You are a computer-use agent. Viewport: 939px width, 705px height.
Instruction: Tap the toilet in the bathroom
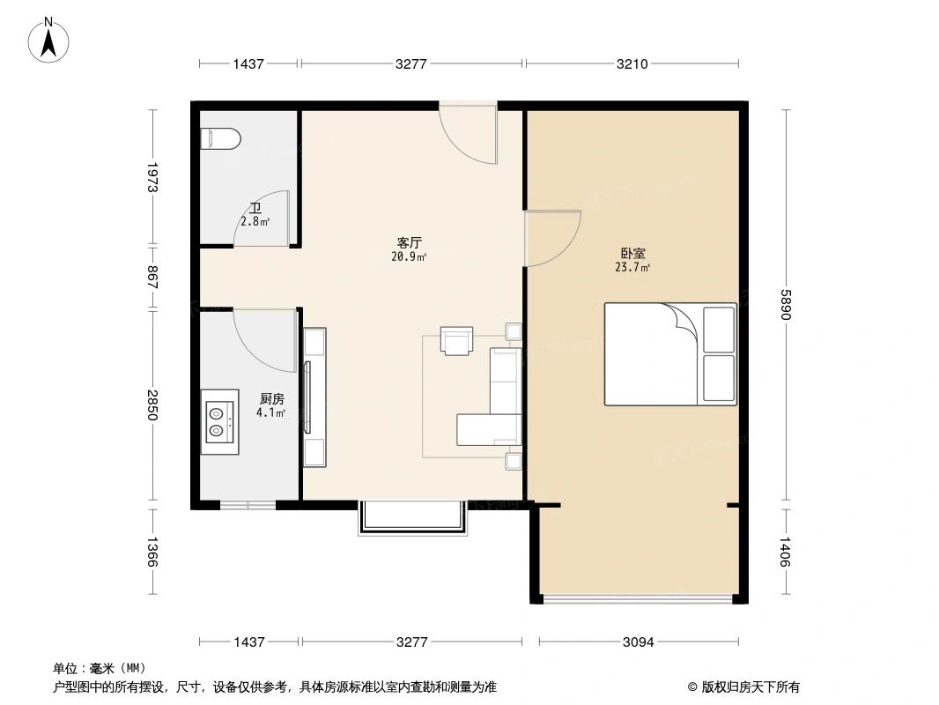click(x=220, y=139)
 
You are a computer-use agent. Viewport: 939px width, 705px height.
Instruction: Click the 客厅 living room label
click(x=409, y=242)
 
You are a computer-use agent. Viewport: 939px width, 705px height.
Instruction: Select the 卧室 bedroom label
click(x=632, y=254)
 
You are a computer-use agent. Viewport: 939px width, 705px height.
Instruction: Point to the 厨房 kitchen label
click(x=271, y=399)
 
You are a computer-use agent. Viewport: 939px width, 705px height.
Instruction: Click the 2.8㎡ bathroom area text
click(x=255, y=221)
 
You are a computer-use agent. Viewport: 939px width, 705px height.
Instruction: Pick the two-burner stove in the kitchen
click(x=219, y=422)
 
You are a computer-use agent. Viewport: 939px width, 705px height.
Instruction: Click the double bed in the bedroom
click(x=670, y=354)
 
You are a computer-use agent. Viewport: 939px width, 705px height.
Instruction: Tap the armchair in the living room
click(x=456, y=340)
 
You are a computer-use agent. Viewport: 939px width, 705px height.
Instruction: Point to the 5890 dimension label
click(x=786, y=305)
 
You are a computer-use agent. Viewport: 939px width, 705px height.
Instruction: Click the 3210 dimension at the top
click(x=632, y=63)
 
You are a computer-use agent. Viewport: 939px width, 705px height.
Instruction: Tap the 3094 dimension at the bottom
click(x=639, y=642)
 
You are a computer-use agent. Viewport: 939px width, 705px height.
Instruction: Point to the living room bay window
click(x=412, y=519)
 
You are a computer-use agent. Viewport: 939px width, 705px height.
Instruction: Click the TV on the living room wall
click(x=307, y=397)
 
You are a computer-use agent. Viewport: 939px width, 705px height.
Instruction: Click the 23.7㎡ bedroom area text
click(x=632, y=268)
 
